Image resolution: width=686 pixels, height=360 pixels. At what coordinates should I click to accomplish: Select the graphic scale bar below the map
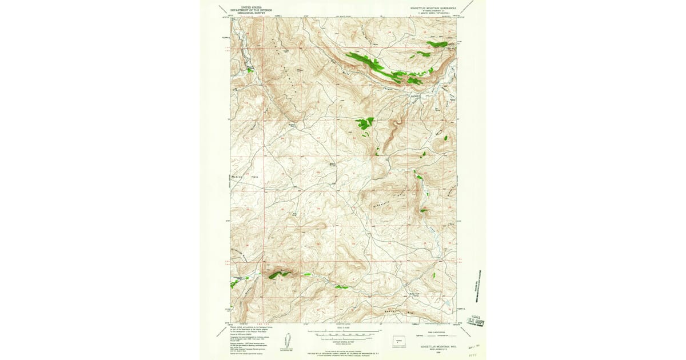point(343,331)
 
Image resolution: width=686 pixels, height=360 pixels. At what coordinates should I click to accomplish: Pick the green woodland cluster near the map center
point(364,123)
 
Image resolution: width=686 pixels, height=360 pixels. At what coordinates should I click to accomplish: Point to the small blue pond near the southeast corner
point(432,275)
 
